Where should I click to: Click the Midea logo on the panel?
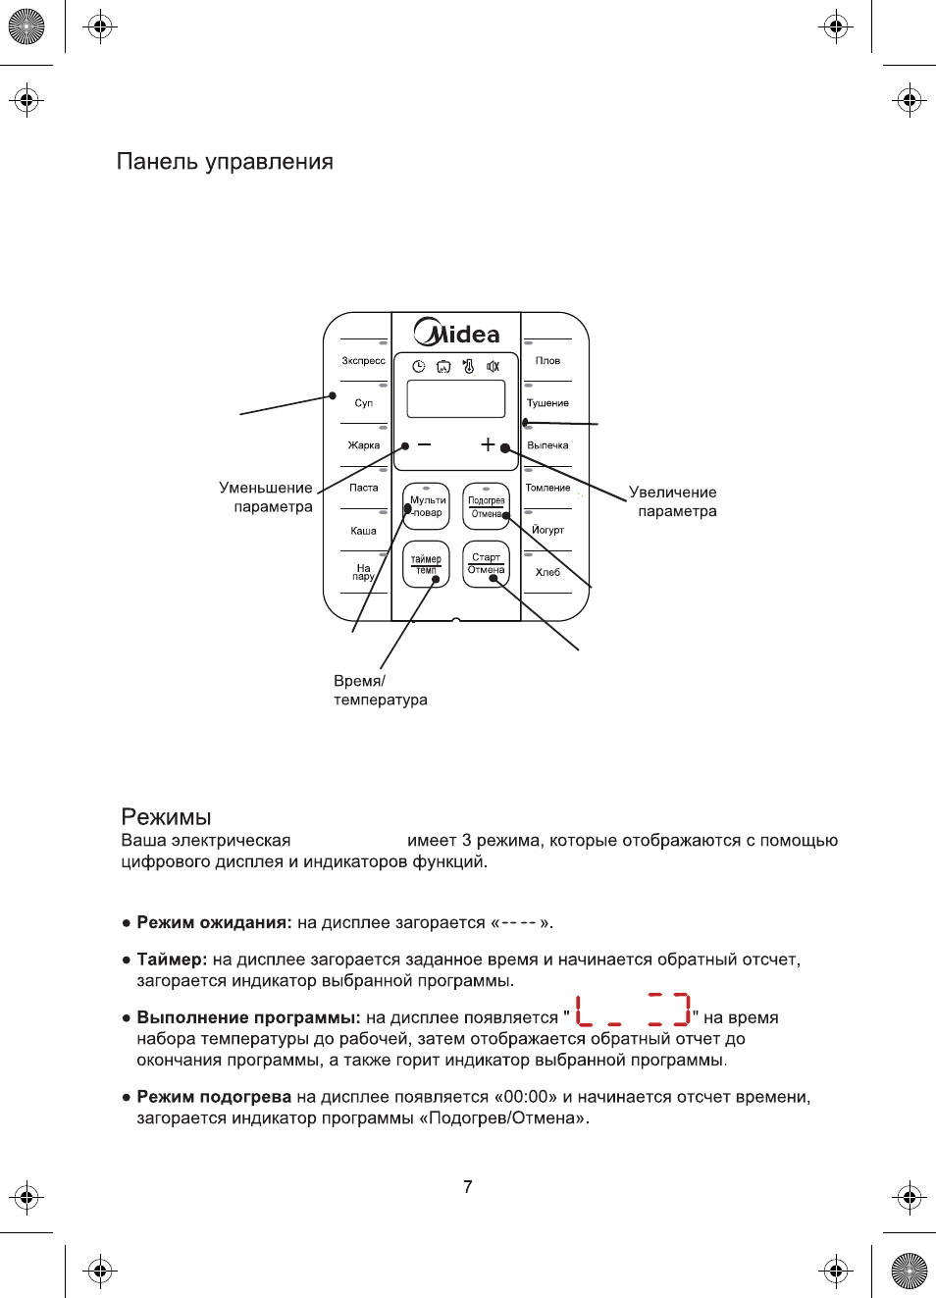[456, 333]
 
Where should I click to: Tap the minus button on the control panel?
[424, 444]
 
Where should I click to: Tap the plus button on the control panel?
[488, 444]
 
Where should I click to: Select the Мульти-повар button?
[426, 506]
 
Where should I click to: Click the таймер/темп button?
[426, 564]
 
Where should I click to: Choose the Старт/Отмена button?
[486, 564]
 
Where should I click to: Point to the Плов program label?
[547, 361]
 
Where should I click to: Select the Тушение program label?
[547, 403]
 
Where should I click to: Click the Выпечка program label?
[547, 445]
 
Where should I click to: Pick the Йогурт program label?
[547, 530]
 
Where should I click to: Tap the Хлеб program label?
[547, 572]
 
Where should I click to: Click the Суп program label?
[364, 403]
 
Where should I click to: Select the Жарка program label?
[364, 445]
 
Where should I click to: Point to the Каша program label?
[364, 531]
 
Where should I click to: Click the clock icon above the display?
[418, 366]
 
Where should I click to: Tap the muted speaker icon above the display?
[494, 366]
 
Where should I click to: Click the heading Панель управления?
[225, 162]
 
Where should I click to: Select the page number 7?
[468, 1187]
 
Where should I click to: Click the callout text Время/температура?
[380, 690]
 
